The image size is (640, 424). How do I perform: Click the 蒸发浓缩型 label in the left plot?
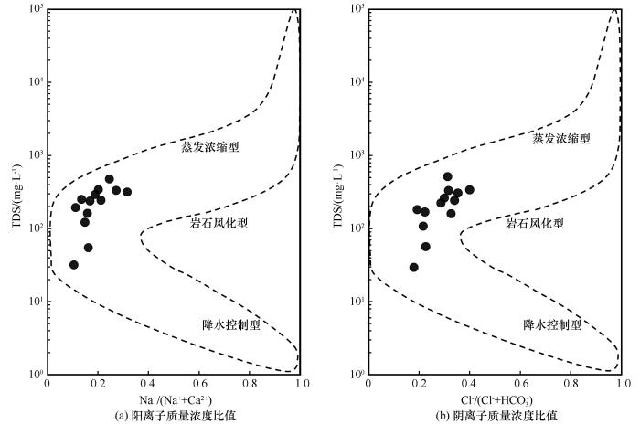coord(209,145)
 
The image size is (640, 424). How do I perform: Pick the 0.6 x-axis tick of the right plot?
coord(520,383)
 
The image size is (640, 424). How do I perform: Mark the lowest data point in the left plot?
coord(74,265)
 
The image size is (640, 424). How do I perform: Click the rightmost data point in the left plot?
coord(127,192)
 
